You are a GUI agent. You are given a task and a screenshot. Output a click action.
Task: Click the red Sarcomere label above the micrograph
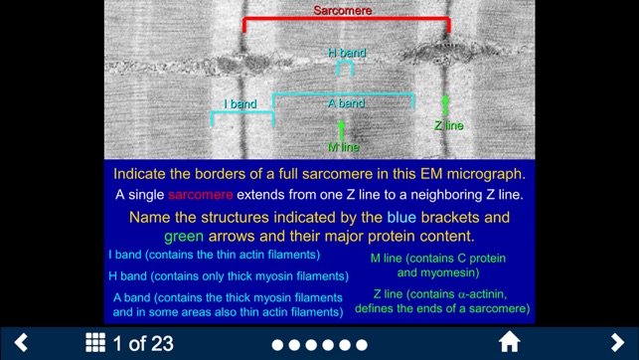pyautogui.click(x=342, y=10)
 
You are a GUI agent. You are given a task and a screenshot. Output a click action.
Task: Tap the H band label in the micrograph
pyautogui.click(x=347, y=53)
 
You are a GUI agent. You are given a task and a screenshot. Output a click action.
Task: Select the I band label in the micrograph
pyautogui.click(x=240, y=103)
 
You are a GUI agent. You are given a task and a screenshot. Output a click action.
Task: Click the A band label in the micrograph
pyautogui.click(x=346, y=103)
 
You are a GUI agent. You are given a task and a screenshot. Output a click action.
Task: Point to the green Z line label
pyautogui.click(x=448, y=126)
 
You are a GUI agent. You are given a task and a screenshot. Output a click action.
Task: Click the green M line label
pyautogui.click(x=343, y=147)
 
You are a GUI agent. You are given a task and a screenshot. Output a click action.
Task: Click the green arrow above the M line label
pyautogui.click(x=342, y=130)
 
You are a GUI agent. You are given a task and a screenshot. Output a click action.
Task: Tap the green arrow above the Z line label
pyautogui.click(x=445, y=106)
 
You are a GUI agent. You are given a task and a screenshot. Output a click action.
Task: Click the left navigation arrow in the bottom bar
pyautogui.click(x=21, y=343)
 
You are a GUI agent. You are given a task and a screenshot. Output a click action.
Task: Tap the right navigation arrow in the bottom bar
pyautogui.click(x=617, y=343)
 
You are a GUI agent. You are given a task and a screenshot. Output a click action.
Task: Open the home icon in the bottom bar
pyautogui.click(x=510, y=343)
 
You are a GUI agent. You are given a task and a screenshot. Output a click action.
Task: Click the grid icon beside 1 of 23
pyautogui.click(x=95, y=343)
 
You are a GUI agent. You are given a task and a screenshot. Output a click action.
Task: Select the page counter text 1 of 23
pyautogui.click(x=144, y=344)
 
